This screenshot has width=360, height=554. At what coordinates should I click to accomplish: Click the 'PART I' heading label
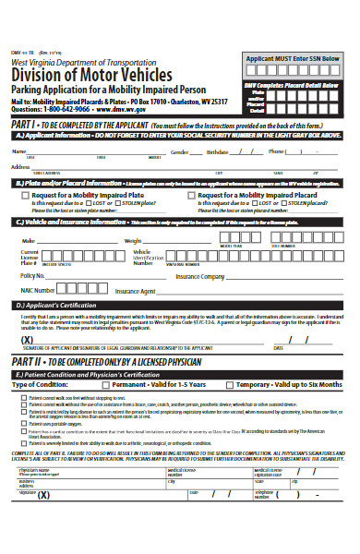25,122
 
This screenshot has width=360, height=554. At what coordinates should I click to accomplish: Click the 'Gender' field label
180,151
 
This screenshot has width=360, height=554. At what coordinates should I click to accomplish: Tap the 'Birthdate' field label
217,151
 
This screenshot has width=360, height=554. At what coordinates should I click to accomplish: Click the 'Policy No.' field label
33,275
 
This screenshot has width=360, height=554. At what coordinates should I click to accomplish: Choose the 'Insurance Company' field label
201,275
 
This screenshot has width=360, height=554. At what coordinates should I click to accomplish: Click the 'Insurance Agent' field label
135,290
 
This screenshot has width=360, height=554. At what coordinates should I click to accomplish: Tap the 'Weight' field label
135,240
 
